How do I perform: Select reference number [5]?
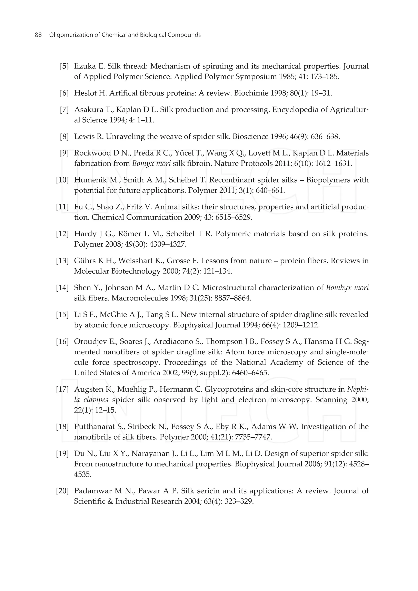[64, 66]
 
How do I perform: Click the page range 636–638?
[325, 137]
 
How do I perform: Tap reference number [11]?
[62, 207]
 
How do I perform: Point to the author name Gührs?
[85, 261]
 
